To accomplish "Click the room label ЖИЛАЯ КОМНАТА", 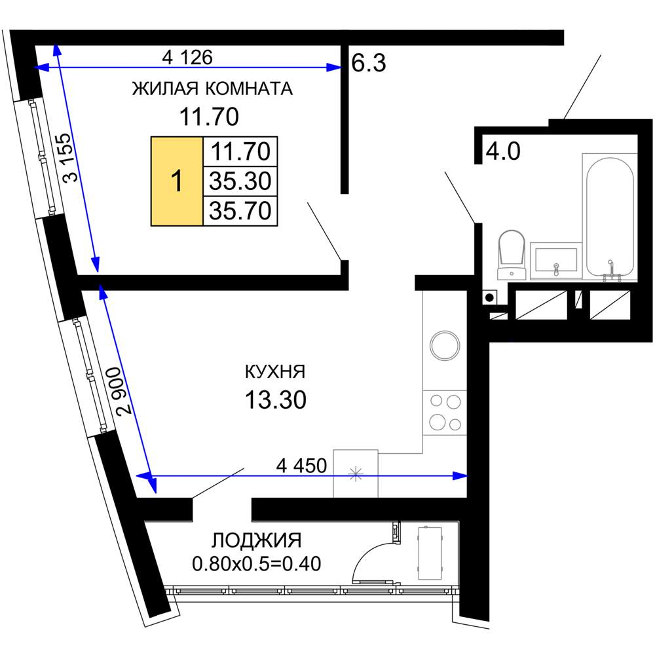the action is (212, 89).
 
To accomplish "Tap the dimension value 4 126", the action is (187, 57).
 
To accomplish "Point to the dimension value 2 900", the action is (124, 390).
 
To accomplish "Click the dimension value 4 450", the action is (301, 465).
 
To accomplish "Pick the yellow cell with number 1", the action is (177, 181).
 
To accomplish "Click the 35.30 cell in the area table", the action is (240, 181).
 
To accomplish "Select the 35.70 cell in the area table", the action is (240, 210).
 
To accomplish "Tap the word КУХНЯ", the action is (275, 371).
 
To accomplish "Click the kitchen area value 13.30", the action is (276, 400).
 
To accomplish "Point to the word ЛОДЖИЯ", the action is (257, 540).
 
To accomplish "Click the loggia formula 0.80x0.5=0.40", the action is (257, 564).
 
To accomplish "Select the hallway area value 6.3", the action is (368, 63).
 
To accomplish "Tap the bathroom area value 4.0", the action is (503, 151).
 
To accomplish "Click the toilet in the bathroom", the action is (512, 255).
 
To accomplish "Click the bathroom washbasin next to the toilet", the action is (556, 261).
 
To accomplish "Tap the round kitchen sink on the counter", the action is (445, 345).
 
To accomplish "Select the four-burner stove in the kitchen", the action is (445, 413).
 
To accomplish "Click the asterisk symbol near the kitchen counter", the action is (356, 474).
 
